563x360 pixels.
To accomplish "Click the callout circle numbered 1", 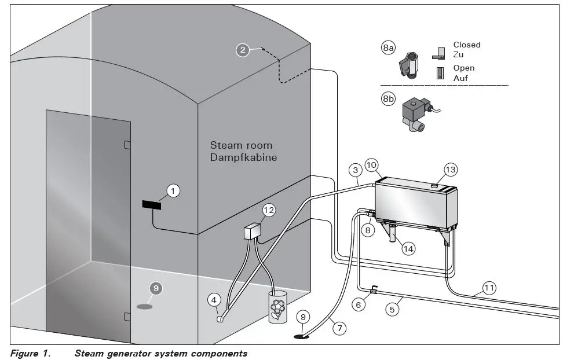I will [x=173, y=190].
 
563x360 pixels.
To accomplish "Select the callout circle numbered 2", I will [x=243, y=50].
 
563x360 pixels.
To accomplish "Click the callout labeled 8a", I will [x=389, y=48].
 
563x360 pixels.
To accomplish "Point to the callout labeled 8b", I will [x=389, y=99].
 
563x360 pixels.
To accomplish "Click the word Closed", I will [x=466, y=45].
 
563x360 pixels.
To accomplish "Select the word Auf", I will [x=460, y=78].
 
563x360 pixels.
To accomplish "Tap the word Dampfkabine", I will [x=243, y=157].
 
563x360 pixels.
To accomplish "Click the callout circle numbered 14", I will [x=408, y=248].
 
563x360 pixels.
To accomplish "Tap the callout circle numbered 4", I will [x=214, y=300].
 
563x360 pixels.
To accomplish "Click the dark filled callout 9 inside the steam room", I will [x=155, y=288].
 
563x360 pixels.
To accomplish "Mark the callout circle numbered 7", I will [x=339, y=328].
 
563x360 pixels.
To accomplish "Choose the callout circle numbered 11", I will [x=490, y=287].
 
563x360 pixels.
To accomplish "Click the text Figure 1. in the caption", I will [x=30, y=353].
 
